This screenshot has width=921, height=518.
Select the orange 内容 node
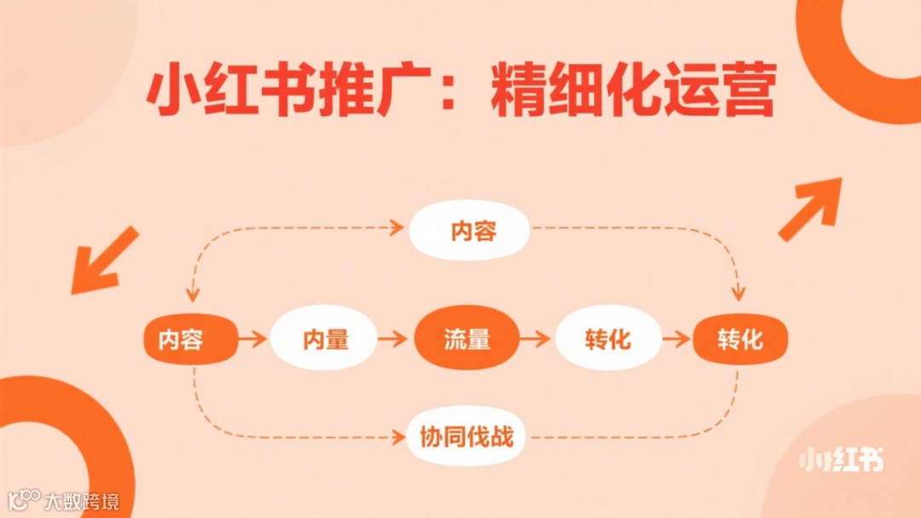pos(181,339)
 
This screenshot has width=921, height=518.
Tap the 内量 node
pos(325,339)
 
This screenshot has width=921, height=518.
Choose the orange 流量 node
pos(466,339)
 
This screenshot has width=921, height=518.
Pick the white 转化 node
pos(608,339)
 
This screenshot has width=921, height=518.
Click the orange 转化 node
pos(739,339)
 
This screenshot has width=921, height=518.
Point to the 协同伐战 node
pos(466,438)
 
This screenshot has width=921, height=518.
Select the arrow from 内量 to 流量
pos(393,339)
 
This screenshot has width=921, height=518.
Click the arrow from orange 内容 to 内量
pos(252,339)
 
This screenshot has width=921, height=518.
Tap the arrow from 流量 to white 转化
pos(536,339)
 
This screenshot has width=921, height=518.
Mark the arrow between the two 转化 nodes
pos(676,339)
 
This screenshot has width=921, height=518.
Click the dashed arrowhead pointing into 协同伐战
pos(397,439)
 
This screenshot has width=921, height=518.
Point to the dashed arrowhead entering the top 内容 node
pos(397,227)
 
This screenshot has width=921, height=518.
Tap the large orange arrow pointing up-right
pos(810,209)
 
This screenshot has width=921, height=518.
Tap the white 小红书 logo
pos(841,460)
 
